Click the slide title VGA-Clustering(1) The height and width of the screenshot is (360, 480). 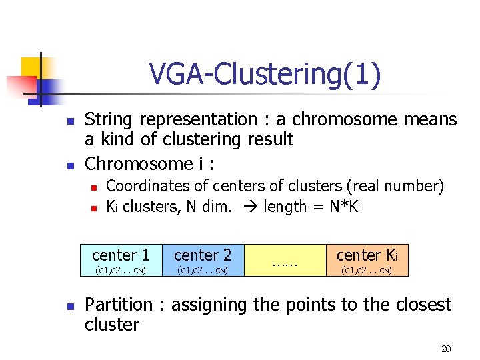click(265, 73)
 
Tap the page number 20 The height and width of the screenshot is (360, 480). click(446, 349)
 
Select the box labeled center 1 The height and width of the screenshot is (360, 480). click(121, 260)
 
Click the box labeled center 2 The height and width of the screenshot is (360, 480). click(203, 260)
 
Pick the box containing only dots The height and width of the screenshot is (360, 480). click(285, 260)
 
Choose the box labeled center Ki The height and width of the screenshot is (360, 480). click(367, 260)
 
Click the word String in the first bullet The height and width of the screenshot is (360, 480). click(109, 120)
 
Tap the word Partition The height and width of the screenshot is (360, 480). click(119, 305)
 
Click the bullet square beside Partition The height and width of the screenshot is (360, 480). click(71, 306)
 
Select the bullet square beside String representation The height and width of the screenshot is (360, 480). click(71, 121)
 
